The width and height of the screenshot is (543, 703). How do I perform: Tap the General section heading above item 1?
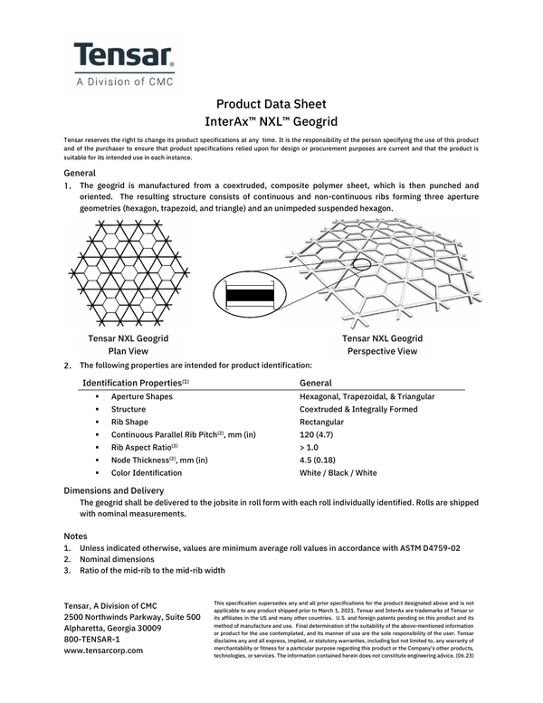pos(81,172)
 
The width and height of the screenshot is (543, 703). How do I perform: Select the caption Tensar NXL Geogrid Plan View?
pos(129,345)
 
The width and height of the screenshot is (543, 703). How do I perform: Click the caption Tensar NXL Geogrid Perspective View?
pos(382,345)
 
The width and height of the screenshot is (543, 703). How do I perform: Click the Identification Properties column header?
pos(136,384)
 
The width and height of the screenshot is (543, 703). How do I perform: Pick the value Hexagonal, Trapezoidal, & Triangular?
pos(367,396)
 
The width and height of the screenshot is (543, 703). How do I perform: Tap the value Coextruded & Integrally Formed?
pos(357,409)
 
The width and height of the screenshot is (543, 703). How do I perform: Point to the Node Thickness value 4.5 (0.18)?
pos(319,460)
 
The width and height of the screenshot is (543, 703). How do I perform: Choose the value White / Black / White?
pos(338,472)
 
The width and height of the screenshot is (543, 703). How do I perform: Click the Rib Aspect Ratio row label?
pos(144,447)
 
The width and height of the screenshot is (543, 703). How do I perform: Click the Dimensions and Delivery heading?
pos(113,490)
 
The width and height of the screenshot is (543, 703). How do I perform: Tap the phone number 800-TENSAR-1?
pos(99,638)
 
